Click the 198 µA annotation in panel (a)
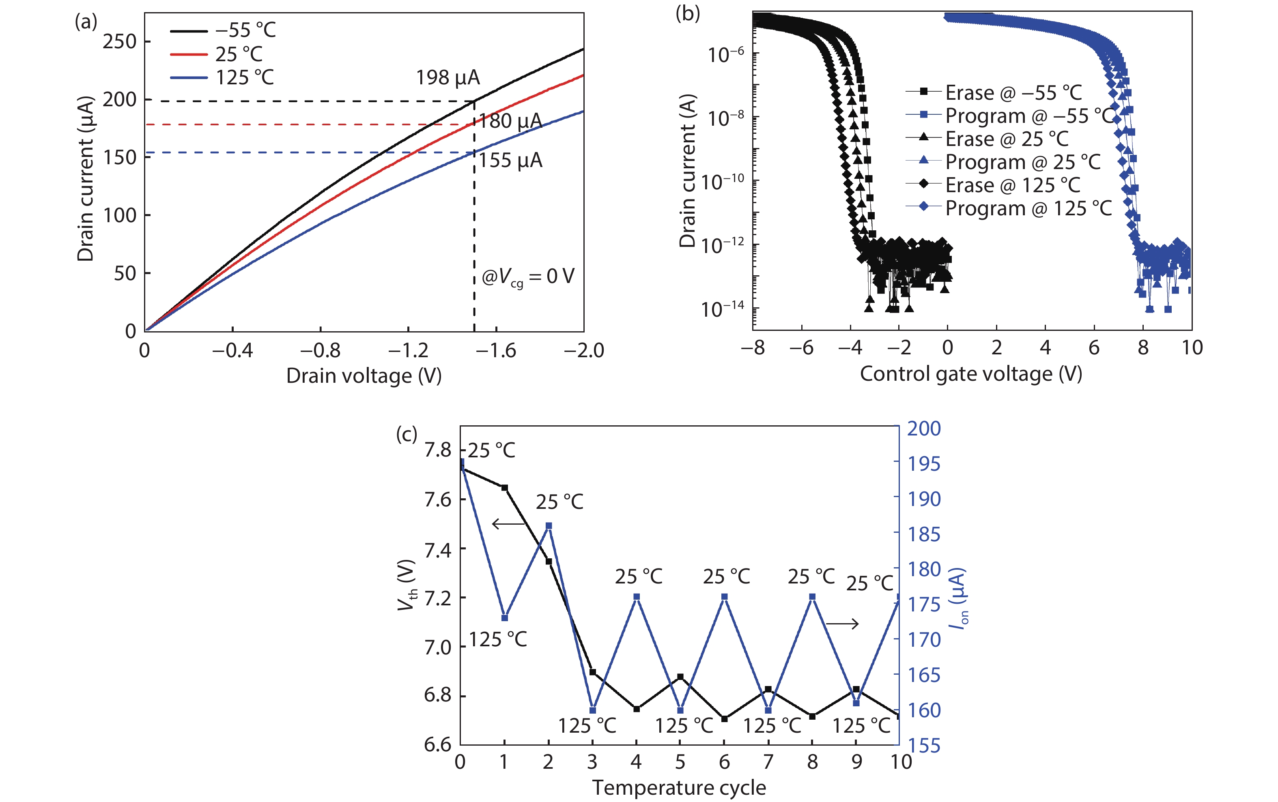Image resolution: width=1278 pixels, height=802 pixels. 448,78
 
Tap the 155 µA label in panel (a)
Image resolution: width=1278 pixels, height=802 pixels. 510,161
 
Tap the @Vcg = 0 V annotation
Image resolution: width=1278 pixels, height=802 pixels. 527,277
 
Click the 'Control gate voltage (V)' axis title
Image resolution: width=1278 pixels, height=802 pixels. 971,374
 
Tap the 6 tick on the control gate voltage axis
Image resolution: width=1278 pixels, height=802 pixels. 1094,348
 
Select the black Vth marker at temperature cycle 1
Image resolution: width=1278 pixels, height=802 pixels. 505,487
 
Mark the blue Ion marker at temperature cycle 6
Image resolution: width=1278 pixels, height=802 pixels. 725,597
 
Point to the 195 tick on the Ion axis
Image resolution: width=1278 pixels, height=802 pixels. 924,464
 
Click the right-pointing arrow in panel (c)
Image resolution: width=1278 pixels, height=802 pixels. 842,624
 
